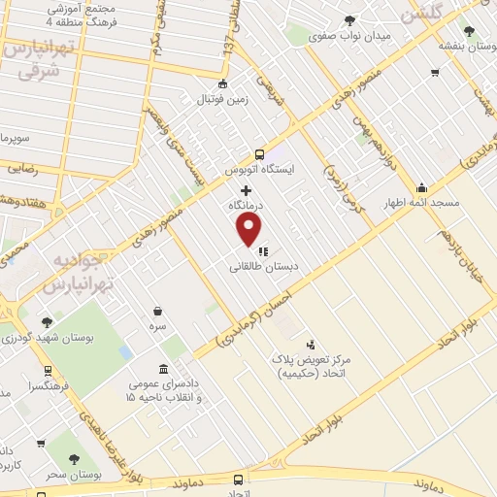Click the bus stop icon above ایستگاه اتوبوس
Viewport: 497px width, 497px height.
click(259, 153)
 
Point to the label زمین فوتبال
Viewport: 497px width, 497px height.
click(223, 99)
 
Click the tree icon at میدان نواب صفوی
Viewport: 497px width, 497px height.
click(349, 21)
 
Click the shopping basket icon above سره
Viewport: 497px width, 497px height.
click(157, 312)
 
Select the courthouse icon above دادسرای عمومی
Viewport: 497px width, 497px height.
click(162, 371)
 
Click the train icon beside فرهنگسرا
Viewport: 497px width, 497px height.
click(48, 370)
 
